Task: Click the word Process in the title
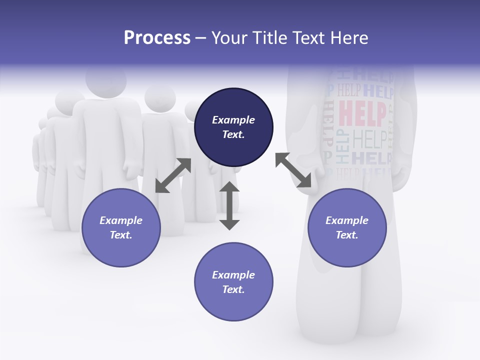157,38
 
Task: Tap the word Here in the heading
347,38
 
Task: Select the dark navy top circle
233,127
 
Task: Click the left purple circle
121,227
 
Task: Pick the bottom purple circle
233,282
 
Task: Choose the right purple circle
347,227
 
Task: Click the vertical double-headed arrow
229,205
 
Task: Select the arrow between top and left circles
173,175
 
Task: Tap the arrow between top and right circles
293,170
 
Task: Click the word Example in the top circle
233,120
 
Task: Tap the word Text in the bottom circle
233,289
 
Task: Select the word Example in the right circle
347,220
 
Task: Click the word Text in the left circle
121,235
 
